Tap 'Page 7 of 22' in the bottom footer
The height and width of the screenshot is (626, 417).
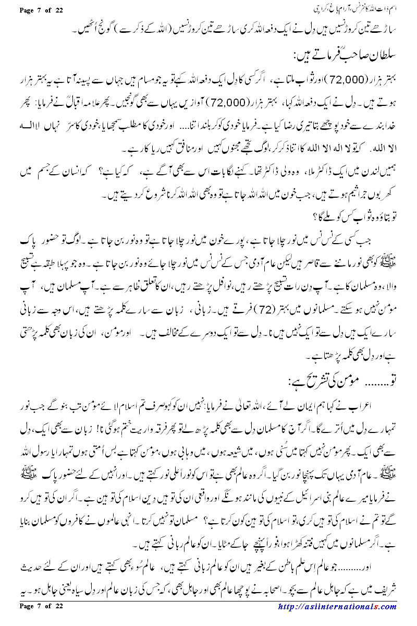click(40, 620)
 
